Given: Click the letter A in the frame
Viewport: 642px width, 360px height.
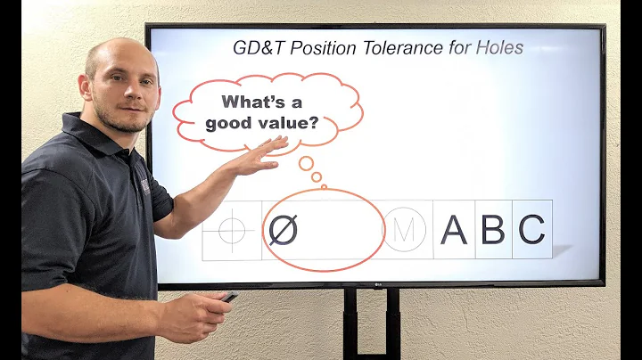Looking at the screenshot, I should [454, 230].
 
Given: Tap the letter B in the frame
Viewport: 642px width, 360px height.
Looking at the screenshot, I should [493, 230].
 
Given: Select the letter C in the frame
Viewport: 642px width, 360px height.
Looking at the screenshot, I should [531, 230].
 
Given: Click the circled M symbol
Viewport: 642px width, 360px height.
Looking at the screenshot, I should [404, 230].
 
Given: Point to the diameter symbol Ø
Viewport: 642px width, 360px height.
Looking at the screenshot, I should [283, 230].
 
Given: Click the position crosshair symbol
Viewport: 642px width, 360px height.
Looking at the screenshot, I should [231, 230].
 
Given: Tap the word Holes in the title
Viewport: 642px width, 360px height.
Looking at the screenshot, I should [498, 47].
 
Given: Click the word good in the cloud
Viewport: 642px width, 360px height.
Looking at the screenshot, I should [227, 124].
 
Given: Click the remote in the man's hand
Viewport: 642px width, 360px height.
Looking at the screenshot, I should [229, 297].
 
